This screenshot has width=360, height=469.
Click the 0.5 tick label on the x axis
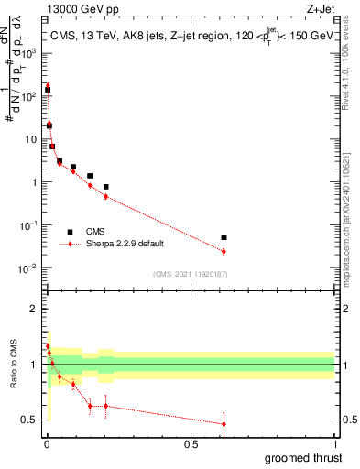(x=191, y=444)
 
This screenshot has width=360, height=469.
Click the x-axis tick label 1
(x=335, y=444)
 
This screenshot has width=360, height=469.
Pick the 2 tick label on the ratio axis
(x=34, y=309)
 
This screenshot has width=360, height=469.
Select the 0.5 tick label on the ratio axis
(x=29, y=420)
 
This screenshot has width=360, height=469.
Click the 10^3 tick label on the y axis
(x=30, y=53)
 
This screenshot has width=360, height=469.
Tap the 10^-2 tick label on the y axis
(x=29, y=268)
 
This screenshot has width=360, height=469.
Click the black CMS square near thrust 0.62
(x=224, y=237)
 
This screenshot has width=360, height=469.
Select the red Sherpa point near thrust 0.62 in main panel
(x=224, y=251)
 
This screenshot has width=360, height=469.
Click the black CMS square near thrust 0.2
(x=106, y=187)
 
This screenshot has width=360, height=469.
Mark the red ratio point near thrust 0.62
(x=224, y=423)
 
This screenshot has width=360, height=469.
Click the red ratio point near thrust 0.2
(x=106, y=406)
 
